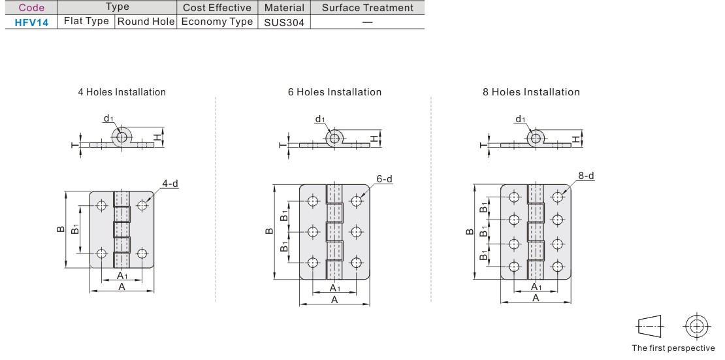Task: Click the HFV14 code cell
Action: (31, 22)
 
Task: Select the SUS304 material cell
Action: (284, 22)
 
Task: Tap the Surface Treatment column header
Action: (368, 8)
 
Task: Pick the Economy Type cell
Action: (217, 22)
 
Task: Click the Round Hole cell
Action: (146, 22)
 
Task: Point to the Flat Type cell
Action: (86, 22)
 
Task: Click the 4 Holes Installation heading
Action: (122, 92)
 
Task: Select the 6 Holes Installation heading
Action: (335, 92)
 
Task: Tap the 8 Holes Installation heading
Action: (531, 92)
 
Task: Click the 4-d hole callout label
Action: (170, 184)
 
